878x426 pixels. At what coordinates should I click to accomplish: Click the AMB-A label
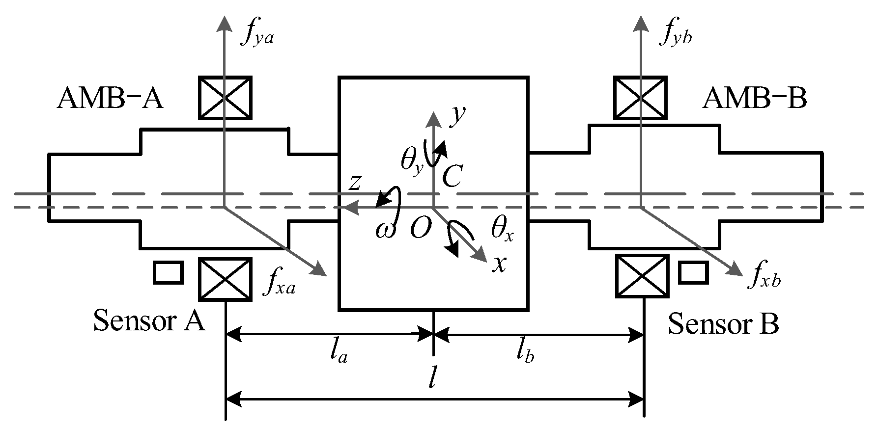(x=110, y=99)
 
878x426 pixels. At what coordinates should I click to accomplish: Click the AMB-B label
(x=755, y=99)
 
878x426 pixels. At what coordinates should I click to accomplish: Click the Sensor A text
(x=149, y=322)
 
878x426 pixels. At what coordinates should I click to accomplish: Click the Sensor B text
(x=723, y=324)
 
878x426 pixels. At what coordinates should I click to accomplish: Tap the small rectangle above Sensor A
(x=168, y=273)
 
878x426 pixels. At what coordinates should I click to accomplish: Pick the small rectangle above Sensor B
(x=693, y=273)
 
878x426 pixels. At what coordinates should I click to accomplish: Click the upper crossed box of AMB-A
(x=225, y=98)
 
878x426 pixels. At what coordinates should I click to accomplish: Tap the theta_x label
(x=502, y=228)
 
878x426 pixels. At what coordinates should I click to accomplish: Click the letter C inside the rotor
(x=451, y=176)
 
